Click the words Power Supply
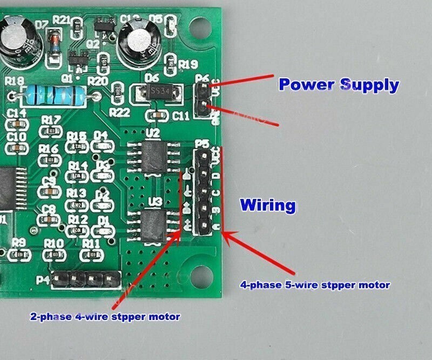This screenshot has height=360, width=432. coord(339,85)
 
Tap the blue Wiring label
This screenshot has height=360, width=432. coord(268,205)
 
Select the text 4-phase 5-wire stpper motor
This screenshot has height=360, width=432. coord(315,284)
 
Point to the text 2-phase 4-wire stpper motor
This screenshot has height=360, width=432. coord(105,316)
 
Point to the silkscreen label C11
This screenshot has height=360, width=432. coord(180,115)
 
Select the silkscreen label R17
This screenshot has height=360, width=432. coord(51,119)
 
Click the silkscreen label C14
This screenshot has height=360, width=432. coord(17,113)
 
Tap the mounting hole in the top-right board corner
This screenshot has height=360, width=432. coord(203,24)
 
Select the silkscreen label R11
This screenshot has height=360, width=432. coord(91,243)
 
